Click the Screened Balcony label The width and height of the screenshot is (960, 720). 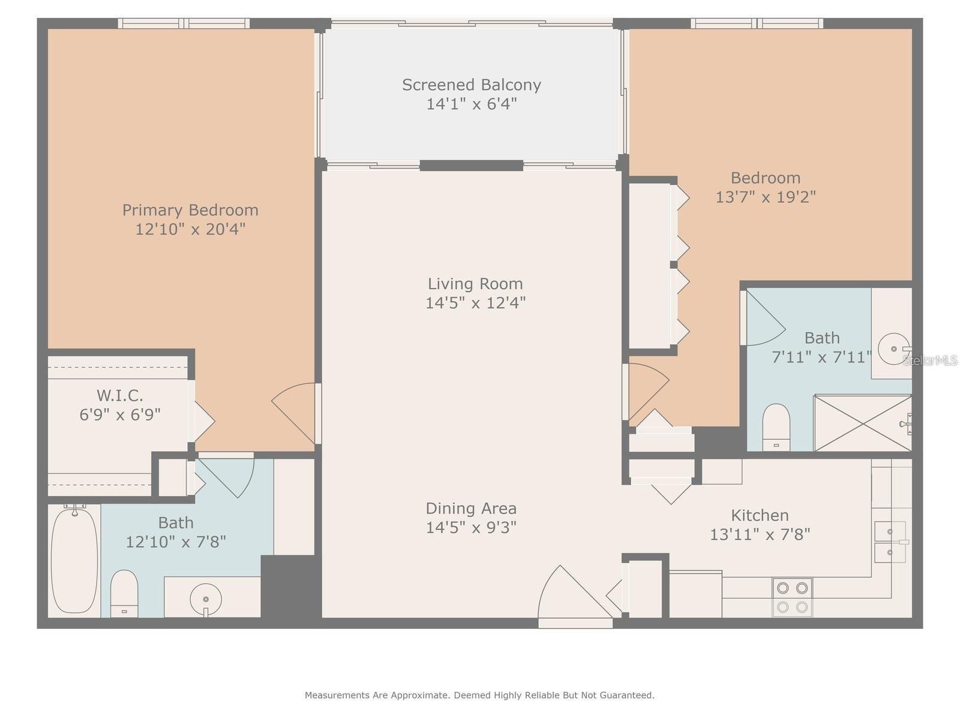click(x=472, y=85)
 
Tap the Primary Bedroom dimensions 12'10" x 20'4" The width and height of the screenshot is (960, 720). click(x=190, y=229)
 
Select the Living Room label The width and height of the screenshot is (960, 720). click(x=475, y=284)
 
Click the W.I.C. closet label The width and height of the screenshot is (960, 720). click(x=120, y=395)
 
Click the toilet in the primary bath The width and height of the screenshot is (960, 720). click(x=124, y=593)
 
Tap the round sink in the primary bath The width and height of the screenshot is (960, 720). click(x=206, y=599)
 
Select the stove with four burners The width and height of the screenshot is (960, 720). click(x=792, y=597)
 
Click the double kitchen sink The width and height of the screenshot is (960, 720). click(x=890, y=542)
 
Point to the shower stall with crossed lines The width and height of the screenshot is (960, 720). click(x=862, y=423)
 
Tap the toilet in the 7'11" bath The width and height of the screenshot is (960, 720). click(x=776, y=427)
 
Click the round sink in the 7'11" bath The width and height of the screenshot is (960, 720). click(x=893, y=348)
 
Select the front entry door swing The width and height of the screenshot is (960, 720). click(x=570, y=594)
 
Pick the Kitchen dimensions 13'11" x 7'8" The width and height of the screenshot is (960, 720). click(x=760, y=534)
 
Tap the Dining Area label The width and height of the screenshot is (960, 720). click(x=471, y=509)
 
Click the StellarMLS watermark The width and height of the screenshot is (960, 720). click(x=930, y=360)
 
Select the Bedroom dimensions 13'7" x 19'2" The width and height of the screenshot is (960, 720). click(x=766, y=197)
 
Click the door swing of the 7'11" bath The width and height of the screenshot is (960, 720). click(x=763, y=321)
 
